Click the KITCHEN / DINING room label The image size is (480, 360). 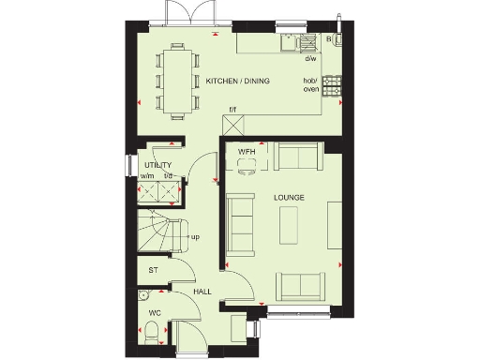pos(237,82)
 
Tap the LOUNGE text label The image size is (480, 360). pos(288,198)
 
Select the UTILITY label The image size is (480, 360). pos(157,165)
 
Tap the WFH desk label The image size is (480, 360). pos(247,151)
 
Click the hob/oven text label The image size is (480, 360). pos(309,84)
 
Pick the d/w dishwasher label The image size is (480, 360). pos(309,58)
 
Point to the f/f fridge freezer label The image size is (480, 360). pos(233,110)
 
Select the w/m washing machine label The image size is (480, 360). pos(146,175)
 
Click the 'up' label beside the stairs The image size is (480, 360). pos(195,236)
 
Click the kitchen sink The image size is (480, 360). pos(305,41)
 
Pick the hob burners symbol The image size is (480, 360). pos(332,85)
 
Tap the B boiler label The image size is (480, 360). pos(329,39)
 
